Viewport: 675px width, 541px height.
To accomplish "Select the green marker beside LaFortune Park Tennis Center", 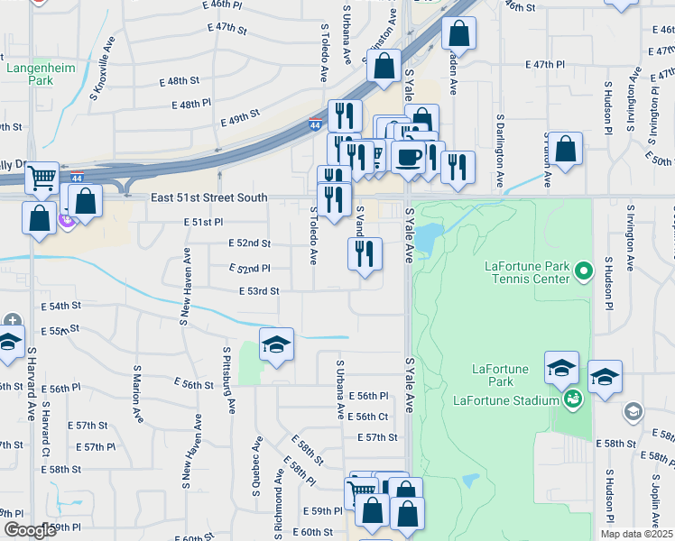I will (583, 270).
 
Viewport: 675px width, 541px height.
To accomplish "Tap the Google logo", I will (29, 530).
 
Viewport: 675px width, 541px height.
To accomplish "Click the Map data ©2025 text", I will (636, 534).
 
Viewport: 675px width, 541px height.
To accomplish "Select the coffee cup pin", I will (409, 157).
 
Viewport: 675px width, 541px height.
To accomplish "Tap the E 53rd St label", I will (259, 291).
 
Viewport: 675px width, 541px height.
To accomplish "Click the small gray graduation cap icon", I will (633, 412).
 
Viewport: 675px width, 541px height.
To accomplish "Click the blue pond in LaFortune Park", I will (428, 236).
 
